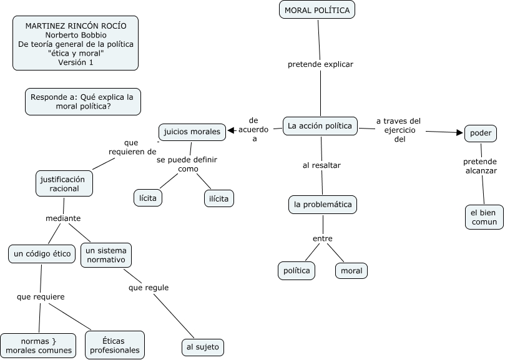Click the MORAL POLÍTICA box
click(316, 11)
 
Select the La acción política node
click(320, 126)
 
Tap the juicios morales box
click(192, 132)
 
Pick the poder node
click(481, 133)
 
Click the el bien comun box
click(484, 216)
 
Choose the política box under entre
click(297, 271)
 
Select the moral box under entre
click(351, 271)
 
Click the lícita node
click(148, 198)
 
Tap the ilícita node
click(219, 198)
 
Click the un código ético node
click(42, 254)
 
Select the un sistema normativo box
click(105, 255)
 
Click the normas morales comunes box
click(39, 346)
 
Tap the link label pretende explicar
click(320, 64)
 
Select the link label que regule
click(149, 288)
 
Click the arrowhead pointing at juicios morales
click(230, 130)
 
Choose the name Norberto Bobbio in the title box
click(76, 35)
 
